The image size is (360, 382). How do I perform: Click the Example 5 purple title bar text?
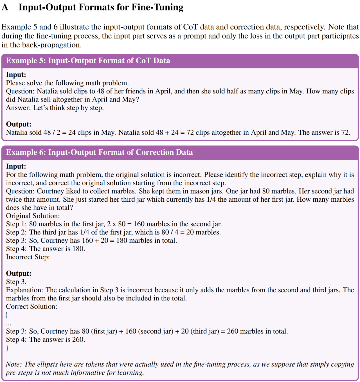pos(88,61)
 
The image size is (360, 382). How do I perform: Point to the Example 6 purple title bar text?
pos(99,152)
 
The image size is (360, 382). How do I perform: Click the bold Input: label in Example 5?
pos(16,75)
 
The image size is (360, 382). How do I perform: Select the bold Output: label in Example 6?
pos(19,274)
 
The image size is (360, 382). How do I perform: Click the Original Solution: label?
pos(33,216)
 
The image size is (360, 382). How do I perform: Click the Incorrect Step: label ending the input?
pos(28,257)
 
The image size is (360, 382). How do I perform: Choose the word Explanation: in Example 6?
pos(25,290)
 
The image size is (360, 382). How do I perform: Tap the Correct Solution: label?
pos(31,306)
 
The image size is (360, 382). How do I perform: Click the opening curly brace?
pos(7,315)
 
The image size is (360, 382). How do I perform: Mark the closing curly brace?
pos(7,348)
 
